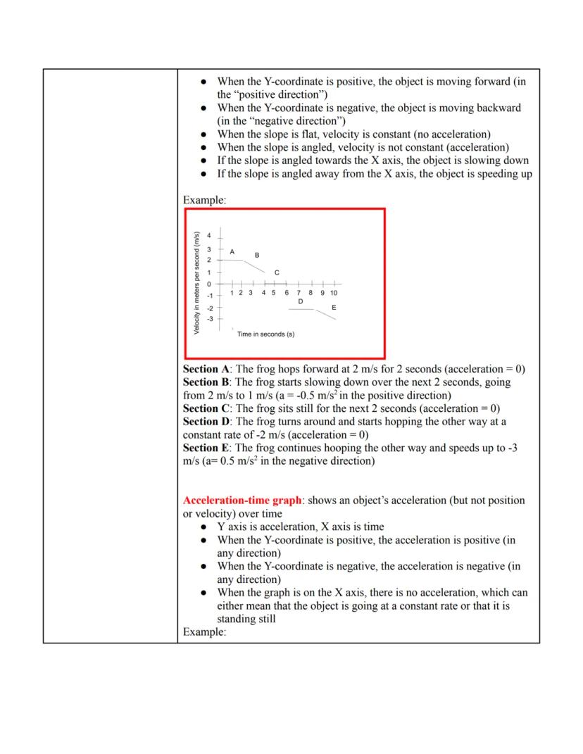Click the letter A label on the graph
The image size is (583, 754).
(232, 251)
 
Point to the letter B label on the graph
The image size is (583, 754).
(257, 255)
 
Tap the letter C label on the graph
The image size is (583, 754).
(277, 272)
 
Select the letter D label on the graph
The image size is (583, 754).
(300, 301)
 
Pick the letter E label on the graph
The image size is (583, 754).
(334, 308)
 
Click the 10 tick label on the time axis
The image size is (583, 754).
(333, 293)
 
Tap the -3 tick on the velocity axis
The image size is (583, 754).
(209, 319)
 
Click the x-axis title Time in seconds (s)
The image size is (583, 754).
(265, 334)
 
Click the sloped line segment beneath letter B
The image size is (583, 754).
(255, 265)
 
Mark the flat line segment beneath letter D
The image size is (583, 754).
(301, 309)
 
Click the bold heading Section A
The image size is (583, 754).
(206, 369)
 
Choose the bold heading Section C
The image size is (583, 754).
(206, 408)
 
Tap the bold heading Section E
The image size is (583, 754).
(206, 448)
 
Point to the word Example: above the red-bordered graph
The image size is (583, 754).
(204, 201)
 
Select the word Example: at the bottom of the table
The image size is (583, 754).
(204, 632)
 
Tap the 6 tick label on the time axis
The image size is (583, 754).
(287, 293)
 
